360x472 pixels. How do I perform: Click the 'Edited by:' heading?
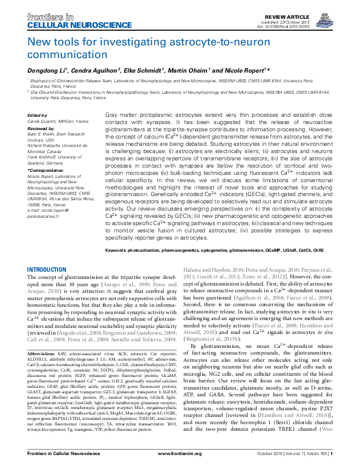pos(38,114)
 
